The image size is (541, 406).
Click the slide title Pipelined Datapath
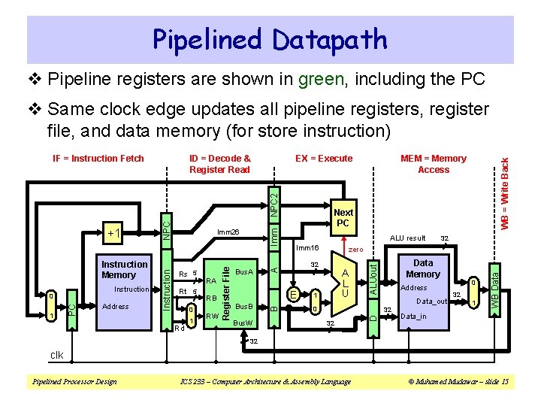coord(270,39)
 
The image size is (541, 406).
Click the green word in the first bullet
coord(322,79)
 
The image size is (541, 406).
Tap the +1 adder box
coord(115,232)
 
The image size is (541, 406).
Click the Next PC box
coord(343,218)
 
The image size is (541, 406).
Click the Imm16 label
coord(307,247)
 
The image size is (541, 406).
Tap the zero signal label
coord(355,249)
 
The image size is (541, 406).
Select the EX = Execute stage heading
coord(323,159)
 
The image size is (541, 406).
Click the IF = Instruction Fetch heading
coord(98,159)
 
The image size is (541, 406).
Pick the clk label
coord(56,356)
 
